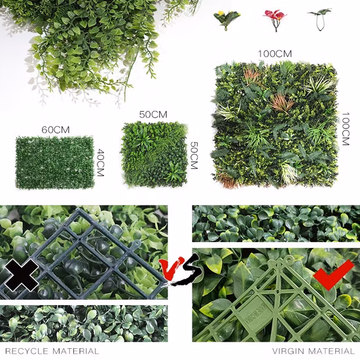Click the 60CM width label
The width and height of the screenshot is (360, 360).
tap(56, 130)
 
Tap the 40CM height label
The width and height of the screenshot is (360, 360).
tap(100, 162)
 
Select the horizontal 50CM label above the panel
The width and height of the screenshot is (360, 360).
tap(153, 115)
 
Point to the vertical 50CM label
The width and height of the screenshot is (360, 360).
tap(194, 155)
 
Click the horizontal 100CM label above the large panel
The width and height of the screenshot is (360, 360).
tap(275, 54)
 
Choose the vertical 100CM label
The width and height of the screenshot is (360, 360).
tap(346, 129)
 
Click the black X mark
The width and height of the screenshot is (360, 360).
tap(22, 276)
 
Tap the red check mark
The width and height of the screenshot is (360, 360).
tap(333, 275)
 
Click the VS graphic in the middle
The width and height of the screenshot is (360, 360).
tap(180, 269)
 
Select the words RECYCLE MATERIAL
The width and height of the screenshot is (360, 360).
tap(52, 351)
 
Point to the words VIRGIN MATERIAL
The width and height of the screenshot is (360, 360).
tap(314, 351)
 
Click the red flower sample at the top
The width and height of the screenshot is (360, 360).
tap(275, 19)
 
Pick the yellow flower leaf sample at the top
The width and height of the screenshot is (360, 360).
tap(226, 20)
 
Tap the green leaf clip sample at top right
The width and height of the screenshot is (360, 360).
tap(320, 19)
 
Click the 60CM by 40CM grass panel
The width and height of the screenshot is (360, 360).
tap(55, 162)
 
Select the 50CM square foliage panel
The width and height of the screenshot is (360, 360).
tap(154, 154)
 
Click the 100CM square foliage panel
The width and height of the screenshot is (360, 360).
tap(274, 124)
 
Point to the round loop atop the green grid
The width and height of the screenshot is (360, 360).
tap(289, 259)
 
